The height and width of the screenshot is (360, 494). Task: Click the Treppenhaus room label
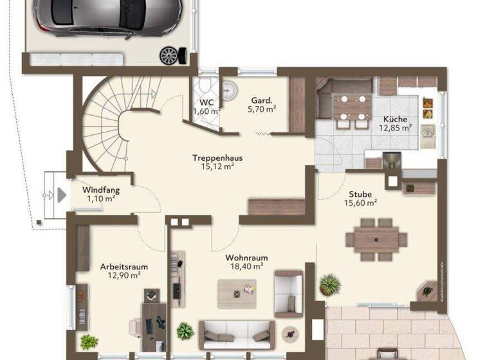(x=213, y=157)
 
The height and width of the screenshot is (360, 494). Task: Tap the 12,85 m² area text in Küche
(x=395, y=128)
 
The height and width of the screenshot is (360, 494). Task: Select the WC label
(x=206, y=102)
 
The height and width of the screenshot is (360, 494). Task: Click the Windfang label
(x=101, y=190)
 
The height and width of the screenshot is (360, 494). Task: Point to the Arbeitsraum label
(x=123, y=266)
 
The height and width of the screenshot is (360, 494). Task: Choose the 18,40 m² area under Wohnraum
(x=246, y=266)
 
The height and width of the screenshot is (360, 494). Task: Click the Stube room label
(x=360, y=194)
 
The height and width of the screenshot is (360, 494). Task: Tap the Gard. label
(x=261, y=100)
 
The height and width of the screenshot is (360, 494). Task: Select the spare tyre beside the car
(x=169, y=56)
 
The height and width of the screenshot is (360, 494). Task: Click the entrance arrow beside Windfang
(x=61, y=194)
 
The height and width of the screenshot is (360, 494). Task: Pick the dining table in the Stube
(x=376, y=239)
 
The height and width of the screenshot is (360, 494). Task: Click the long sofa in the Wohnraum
(x=233, y=334)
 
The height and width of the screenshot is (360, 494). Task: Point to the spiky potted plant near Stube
(x=331, y=283)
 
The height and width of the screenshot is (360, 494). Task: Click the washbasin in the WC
(x=230, y=89)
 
